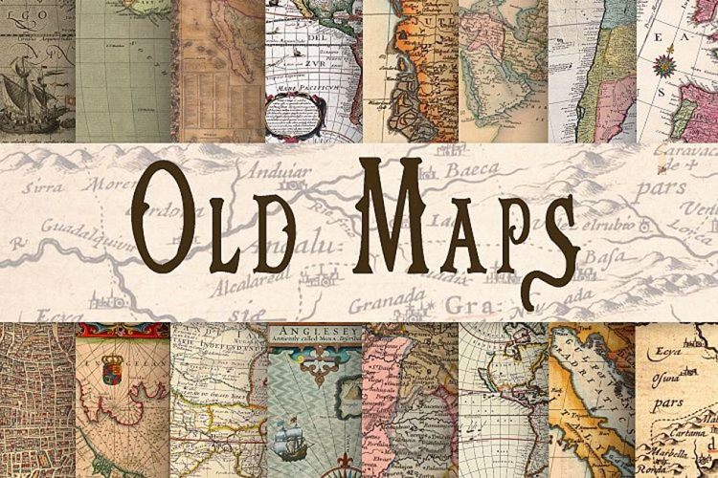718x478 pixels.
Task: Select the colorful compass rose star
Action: click(664, 65)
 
